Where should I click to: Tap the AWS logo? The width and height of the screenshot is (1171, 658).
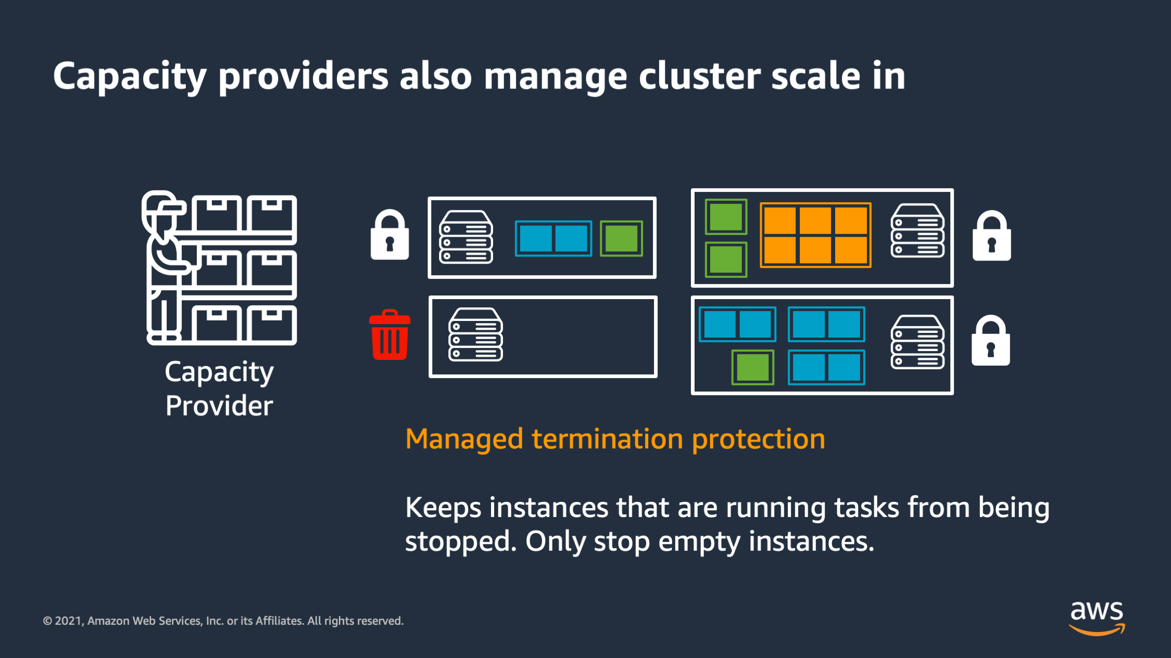pyautogui.click(x=1097, y=618)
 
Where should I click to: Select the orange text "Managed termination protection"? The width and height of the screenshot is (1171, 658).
pyautogui.click(x=615, y=439)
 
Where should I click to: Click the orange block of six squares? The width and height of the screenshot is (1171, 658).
pyautogui.click(x=815, y=235)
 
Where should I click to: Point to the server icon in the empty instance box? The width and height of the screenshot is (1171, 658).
pyautogui.click(x=475, y=334)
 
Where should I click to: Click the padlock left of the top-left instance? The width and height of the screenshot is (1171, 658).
pyautogui.click(x=389, y=235)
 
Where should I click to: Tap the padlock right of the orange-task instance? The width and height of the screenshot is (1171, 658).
pyautogui.click(x=991, y=236)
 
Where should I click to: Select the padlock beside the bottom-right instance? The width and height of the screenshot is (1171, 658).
pyautogui.click(x=990, y=340)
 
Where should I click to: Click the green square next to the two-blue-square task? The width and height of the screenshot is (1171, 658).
pyautogui.click(x=621, y=239)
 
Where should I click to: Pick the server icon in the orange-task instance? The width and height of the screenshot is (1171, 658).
pyautogui.click(x=917, y=230)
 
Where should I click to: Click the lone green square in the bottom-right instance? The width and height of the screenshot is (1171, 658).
pyautogui.click(x=752, y=367)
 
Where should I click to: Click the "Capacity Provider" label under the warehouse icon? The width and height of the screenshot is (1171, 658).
pyautogui.click(x=219, y=389)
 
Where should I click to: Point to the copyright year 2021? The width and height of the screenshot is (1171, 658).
pyautogui.click(x=69, y=621)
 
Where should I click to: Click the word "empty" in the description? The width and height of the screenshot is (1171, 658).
pyautogui.click(x=699, y=541)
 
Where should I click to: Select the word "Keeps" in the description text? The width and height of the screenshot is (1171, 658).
pyautogui.click(x=443, y=508)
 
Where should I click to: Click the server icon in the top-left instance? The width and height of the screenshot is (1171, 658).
pyautogui.click(x=466, y=237)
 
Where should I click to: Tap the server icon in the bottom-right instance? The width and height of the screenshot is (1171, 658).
pyautogui.click(x=917, y=342)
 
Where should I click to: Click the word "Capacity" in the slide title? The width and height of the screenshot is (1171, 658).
pyautogui.click(x=130, y=77)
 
